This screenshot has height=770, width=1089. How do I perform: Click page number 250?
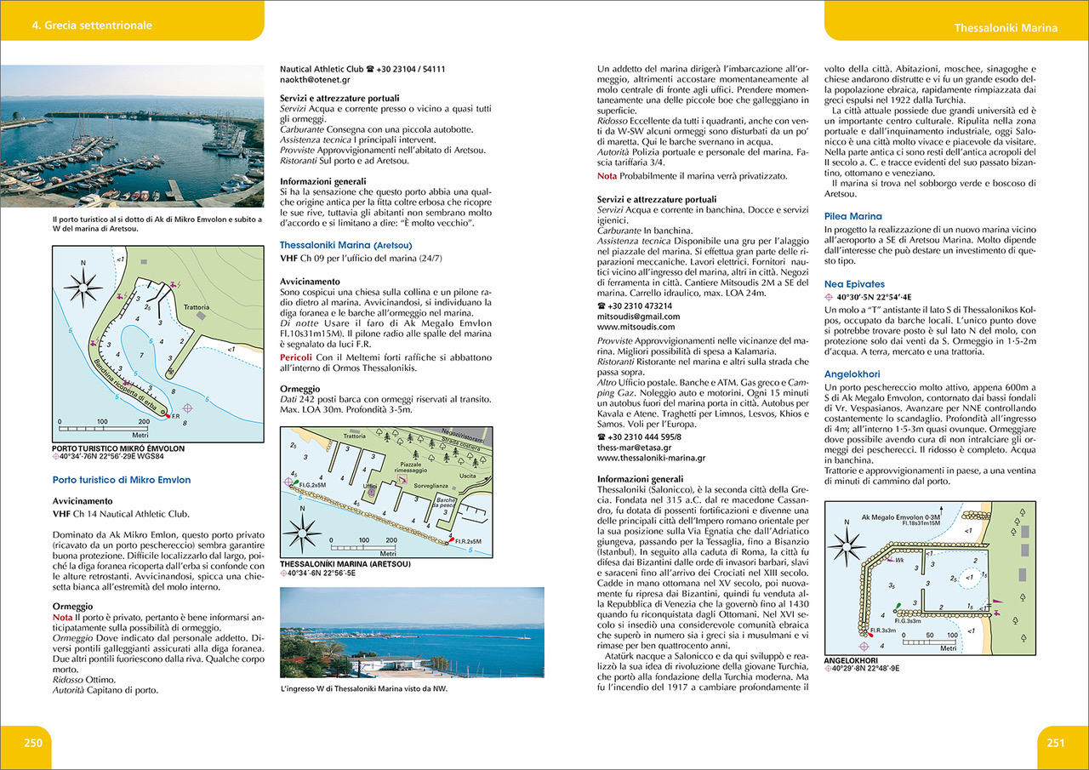tap(32, 742)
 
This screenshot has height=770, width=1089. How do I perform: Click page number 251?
tap(1055, 742)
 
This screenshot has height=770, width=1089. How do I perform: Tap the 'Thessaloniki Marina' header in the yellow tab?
tap(1006, 28)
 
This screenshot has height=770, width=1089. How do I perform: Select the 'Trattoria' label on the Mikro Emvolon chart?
tap(196, 307)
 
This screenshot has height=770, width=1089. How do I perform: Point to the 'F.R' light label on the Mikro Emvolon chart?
tap(175, 417)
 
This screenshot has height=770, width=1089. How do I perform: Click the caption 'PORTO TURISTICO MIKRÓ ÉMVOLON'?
tap(117, 448)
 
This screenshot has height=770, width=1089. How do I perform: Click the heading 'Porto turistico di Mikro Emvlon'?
tap(122, 480)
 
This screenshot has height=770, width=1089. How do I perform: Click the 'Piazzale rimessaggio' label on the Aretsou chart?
tap(412, 465)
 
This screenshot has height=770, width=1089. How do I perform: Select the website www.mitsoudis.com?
tap(636, 326)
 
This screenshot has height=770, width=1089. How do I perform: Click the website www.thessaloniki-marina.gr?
tap(651, 457)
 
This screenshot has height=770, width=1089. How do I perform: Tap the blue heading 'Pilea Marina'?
tap(853, 217)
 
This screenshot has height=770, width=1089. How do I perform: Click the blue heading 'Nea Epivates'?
tap(854, 283)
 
